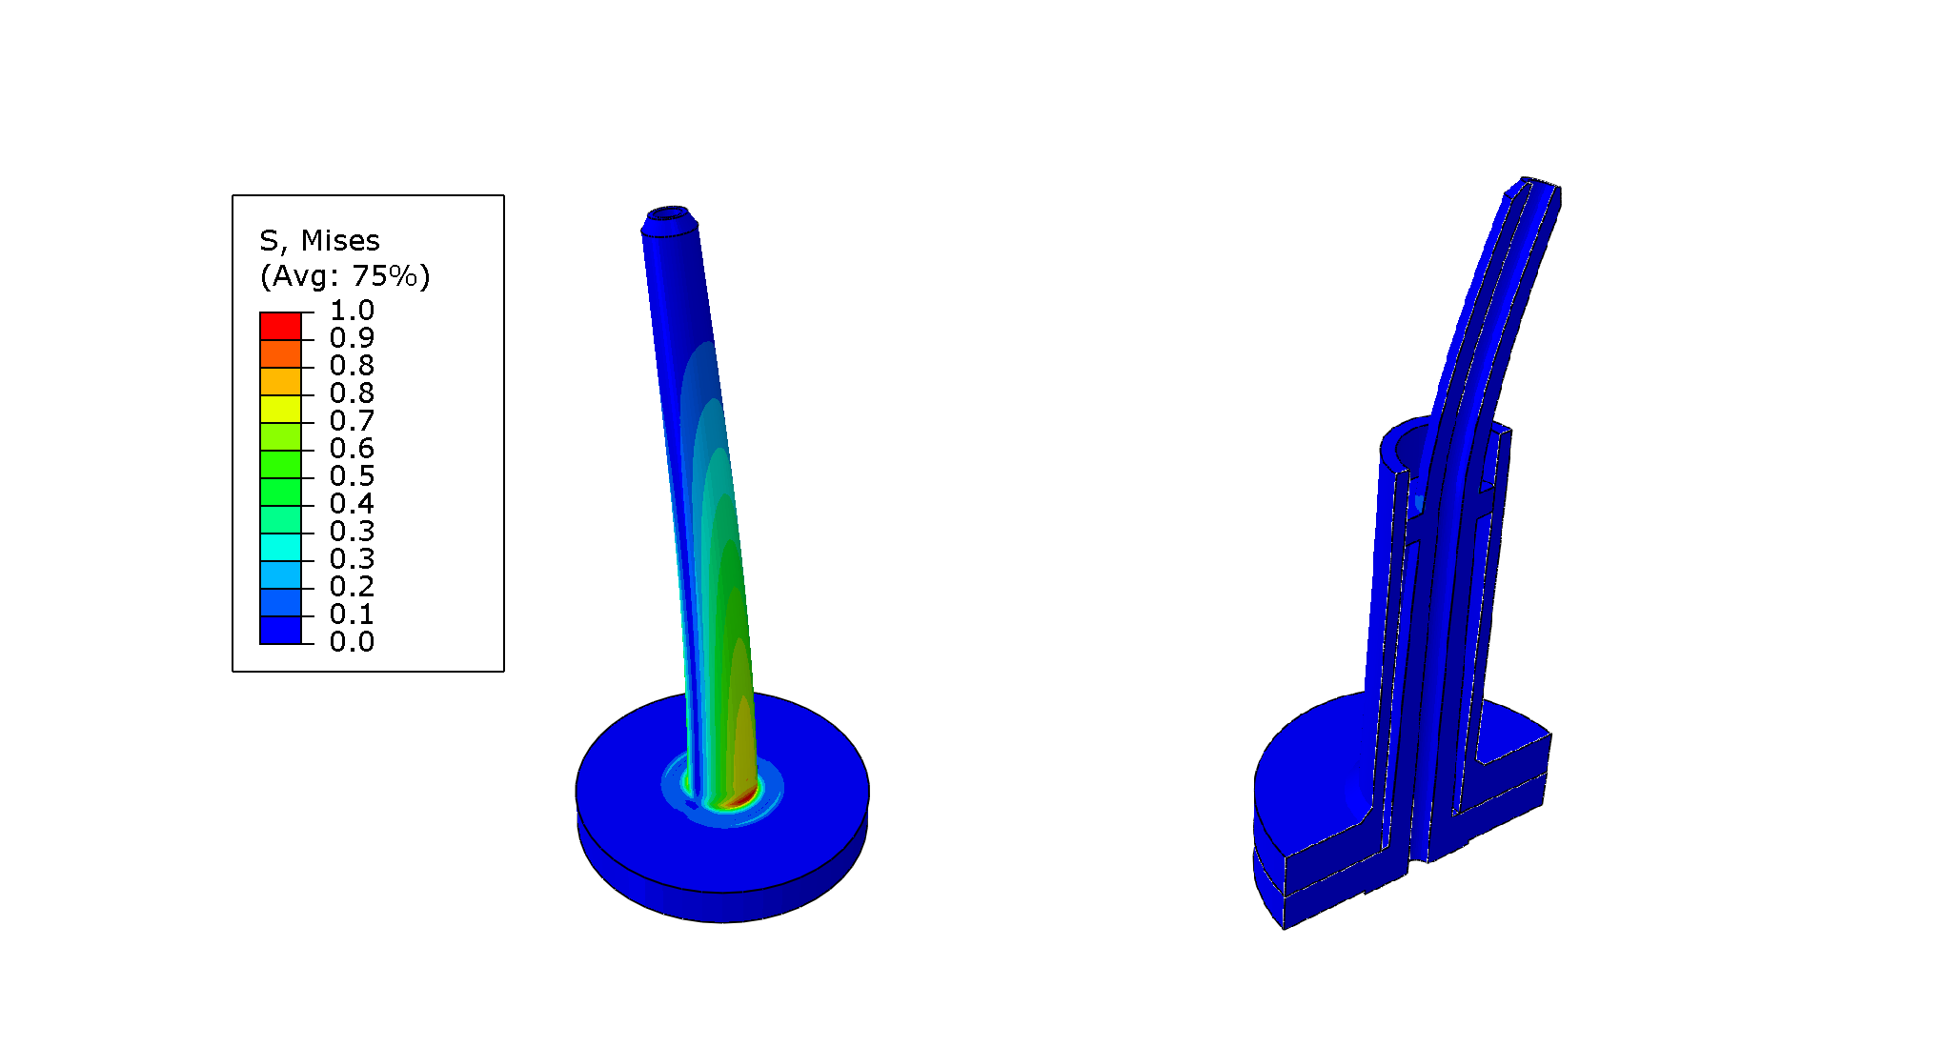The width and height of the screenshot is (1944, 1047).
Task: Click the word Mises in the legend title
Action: pyautogui.click(x=340, y=240)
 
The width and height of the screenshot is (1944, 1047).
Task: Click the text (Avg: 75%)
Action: pyautogui.click(x=345, y=276)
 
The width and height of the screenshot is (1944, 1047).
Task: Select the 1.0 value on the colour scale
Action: pyautogui.click(x=352, y=311)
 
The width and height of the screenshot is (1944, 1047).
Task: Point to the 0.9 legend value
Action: pyautogui.click(x=352, y=338)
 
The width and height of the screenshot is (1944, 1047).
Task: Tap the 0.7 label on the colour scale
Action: pyautogui.click(x=352, y=421)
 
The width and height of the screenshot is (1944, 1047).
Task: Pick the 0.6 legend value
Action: pyautogui.click(x=352, y=449)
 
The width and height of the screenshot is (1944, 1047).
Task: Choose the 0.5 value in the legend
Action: pyautogui.click(x=352, y=476)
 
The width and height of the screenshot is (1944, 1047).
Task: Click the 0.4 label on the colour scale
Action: pyautogui.click(x=352, y=504)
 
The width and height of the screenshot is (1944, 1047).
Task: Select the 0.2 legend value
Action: pyautogui.click(x=352, y=587)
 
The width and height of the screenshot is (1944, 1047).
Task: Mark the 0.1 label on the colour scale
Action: pyautogui.click(x=352, y=614)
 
